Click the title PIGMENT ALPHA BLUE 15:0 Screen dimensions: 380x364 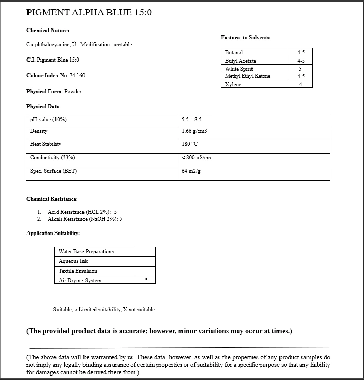(89, 12)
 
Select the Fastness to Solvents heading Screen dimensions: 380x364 (245, 37)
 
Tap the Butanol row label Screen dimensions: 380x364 (234, 52)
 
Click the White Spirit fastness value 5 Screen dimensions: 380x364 (300, 69)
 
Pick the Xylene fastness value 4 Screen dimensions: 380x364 (300, 84)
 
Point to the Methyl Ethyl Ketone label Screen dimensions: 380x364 (247, 76)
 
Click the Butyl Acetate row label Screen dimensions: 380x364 (240, 61)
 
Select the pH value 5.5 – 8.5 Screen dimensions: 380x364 (191, 119)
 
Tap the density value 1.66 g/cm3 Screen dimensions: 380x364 (194, 131)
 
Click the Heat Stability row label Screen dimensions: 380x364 (45, 144)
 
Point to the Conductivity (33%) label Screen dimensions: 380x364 (49, 158)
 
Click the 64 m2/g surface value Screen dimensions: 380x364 (190, 171)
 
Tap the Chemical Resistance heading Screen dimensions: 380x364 (52, 199)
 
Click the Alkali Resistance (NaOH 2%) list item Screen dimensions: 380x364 (85, 219)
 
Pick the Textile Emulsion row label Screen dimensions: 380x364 (77, 271)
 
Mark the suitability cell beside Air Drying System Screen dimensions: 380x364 (146, 280)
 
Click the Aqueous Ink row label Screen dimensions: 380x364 (73, 261)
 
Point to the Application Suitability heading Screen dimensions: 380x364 (53, 233)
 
